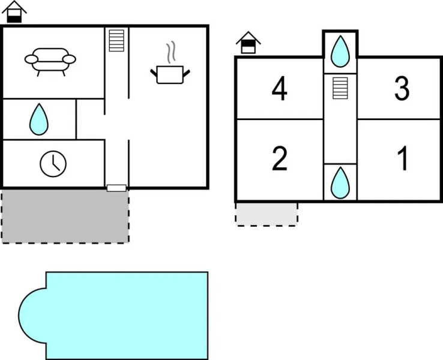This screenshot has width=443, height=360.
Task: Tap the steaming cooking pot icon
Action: tap(170, 74)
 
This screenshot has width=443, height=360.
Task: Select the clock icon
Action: tap(53, 164)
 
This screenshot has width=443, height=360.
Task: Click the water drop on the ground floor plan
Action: tap(39, 119)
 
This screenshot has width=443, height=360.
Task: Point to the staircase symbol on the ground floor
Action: tap(116, 41)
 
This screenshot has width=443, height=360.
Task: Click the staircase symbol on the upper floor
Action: tap(340, 88)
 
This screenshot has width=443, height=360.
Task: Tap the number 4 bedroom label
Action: tap(279, 89)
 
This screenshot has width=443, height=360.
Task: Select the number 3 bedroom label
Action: tap(402, 89)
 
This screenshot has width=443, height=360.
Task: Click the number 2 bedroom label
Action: tap(279, 158)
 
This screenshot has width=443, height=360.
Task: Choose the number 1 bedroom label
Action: tap(403, 158)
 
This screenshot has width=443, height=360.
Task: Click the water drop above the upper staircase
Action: tap(340, 52)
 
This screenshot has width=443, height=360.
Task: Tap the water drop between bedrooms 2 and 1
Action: tap(340, 182)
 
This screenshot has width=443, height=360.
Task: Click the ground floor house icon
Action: tap(14, 12)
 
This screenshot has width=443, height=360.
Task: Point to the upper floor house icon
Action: tap(249, 43)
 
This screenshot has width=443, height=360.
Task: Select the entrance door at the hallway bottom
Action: tap(116, 188)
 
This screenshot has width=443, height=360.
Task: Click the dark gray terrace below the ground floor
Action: tap(65, 216)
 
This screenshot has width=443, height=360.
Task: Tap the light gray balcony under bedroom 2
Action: tap(267, 214)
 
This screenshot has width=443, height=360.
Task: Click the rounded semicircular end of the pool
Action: tap(32, 316)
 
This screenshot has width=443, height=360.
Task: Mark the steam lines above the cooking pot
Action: tap(170, 52)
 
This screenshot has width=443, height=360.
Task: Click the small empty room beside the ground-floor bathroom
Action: tap(91, 119)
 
